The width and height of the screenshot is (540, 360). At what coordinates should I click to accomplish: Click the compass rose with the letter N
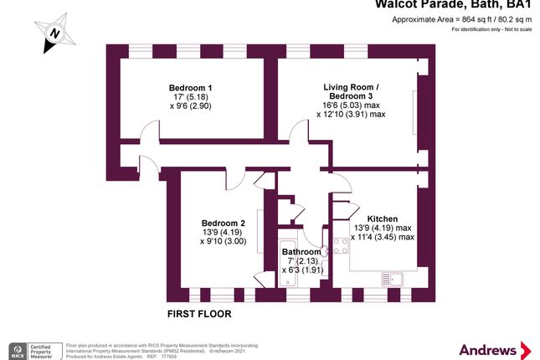click(54, 33)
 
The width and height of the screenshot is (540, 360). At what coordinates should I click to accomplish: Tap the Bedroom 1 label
click(190, 88)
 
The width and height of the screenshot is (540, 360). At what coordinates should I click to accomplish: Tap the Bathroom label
click(301, 251)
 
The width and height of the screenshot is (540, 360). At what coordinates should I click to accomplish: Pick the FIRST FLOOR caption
click(199, 314)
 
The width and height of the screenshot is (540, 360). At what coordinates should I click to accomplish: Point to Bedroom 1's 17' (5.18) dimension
click(190, 98)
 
